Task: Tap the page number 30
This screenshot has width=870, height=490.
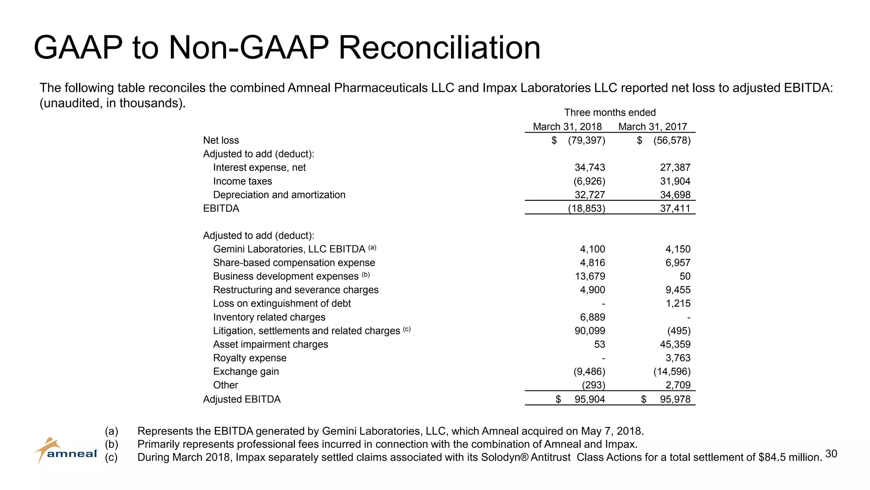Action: (831, 454)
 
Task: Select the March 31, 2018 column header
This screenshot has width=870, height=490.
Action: (567, 127)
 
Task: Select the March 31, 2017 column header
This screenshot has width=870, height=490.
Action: (652, 127)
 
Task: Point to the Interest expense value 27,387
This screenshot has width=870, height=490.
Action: (675, 168)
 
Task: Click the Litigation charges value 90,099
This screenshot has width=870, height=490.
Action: (590, 331)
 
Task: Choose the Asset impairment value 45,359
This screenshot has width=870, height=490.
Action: (675, 345)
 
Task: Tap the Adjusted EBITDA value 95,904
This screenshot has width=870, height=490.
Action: (590, 399)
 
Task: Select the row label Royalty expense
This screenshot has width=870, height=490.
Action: (250, 358)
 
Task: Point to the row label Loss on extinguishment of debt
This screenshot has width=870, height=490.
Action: (282, 304)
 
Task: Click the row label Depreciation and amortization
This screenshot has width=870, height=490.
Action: (279, 195)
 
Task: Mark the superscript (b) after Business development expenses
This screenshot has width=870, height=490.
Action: (366, 275)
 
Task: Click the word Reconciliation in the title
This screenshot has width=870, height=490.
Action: (439, 47)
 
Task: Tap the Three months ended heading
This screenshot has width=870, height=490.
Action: (610, 113)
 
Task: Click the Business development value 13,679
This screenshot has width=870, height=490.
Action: (590, 276)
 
